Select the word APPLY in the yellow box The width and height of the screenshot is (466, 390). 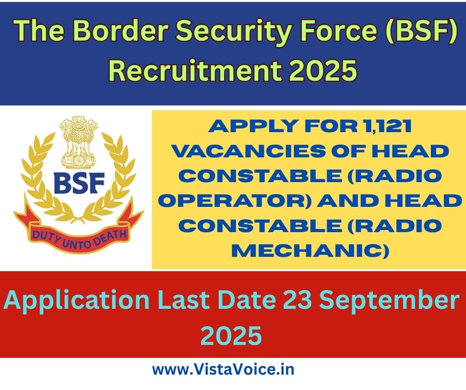click(x=250, y=126)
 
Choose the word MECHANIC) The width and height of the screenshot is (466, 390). click(x=310, y=251)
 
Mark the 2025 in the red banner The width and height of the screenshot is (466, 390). click(x=231, y=336)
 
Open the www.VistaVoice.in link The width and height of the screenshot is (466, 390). click(x=223, y=370)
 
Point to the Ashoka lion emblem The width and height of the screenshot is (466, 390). click(x=78, y=143)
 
